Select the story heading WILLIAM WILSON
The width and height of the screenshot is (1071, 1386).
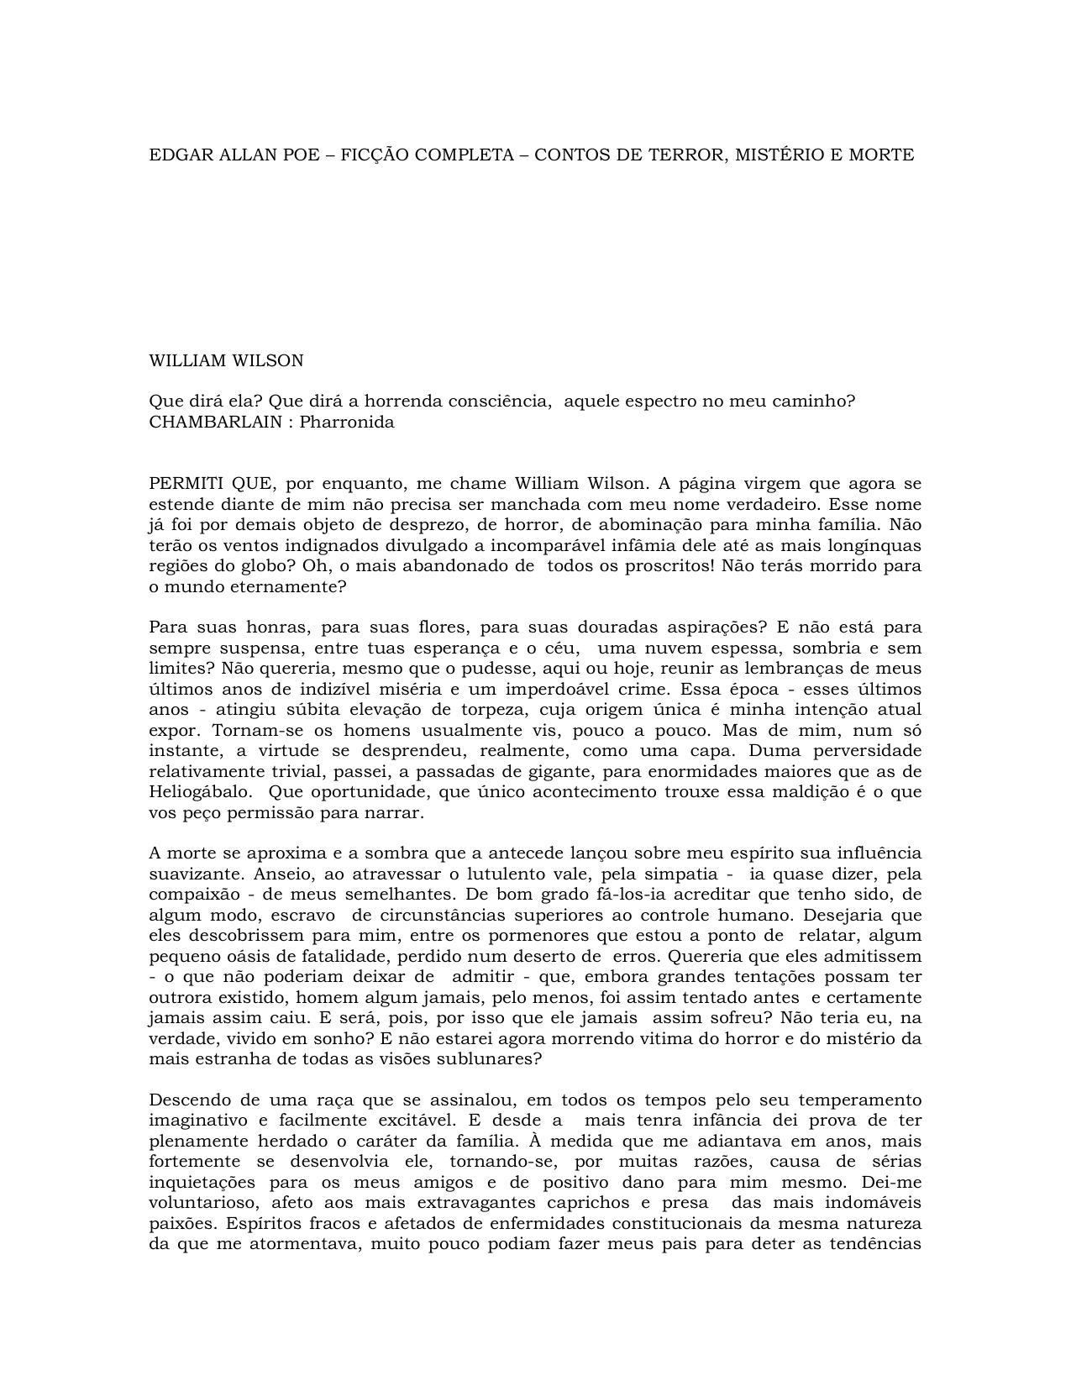point(226,361)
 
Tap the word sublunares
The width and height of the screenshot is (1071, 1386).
point(493,1059)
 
